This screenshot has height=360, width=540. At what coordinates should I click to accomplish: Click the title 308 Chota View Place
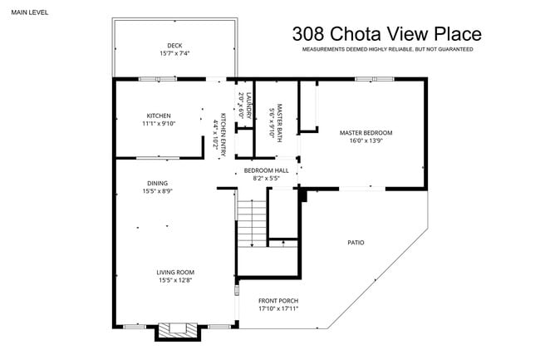pos(386,34)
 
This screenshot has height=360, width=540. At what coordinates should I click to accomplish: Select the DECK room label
pos(174,45)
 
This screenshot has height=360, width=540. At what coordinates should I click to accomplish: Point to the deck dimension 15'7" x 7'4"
pos(174,53)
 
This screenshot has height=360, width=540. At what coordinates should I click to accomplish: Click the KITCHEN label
pos(159,116)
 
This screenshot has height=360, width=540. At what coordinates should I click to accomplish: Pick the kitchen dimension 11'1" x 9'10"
pos(159,124)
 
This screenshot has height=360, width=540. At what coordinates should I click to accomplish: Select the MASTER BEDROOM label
pos(366,132)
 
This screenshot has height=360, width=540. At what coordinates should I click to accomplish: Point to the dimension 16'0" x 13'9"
pos(366,141)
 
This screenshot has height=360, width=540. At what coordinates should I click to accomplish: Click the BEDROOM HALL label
pos(267,170)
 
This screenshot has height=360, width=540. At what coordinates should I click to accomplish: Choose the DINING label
pos(157,183)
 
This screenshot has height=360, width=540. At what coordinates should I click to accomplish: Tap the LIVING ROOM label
pos(175,272)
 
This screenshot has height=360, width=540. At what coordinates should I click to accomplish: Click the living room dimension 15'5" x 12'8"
pos(175,280)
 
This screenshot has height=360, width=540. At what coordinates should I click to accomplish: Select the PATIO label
pos(356,243)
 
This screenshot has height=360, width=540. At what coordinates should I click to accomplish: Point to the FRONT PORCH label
pos(277,300)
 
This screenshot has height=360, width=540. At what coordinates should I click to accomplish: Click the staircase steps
pos(251,223)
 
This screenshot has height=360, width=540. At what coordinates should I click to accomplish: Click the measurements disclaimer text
pos(386,50)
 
